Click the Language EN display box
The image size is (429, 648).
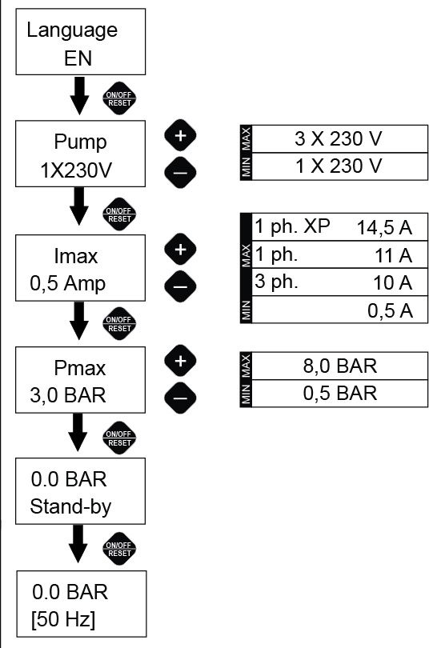(x=81, y=42)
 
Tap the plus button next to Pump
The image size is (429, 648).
(x=180, y=135)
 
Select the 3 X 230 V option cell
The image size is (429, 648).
(x=339, y=139)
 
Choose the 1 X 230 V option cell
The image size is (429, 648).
(x=339, y=166)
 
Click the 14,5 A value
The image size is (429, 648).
(x=384, y=228)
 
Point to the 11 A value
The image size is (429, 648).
(x=394, y=255)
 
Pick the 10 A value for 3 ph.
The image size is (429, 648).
(x=393, y=282)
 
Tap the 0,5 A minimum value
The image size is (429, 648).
(x=390, y=310)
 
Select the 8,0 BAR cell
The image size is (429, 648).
(x=339, y=366)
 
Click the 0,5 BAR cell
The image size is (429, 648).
(x=339, y=394)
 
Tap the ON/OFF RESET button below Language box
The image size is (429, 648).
(x=119, y=98)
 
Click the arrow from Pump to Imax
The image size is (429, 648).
(x=79, y=206)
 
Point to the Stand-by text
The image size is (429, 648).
(x=70, y=507)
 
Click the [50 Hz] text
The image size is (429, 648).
(x=63, y=619)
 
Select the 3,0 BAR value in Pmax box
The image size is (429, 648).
(x=68, y=395)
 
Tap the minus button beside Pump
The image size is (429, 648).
(x=180, y=172)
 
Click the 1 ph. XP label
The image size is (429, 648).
(x=293, y=227)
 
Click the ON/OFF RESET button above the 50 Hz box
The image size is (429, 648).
(x=119, y=549)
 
